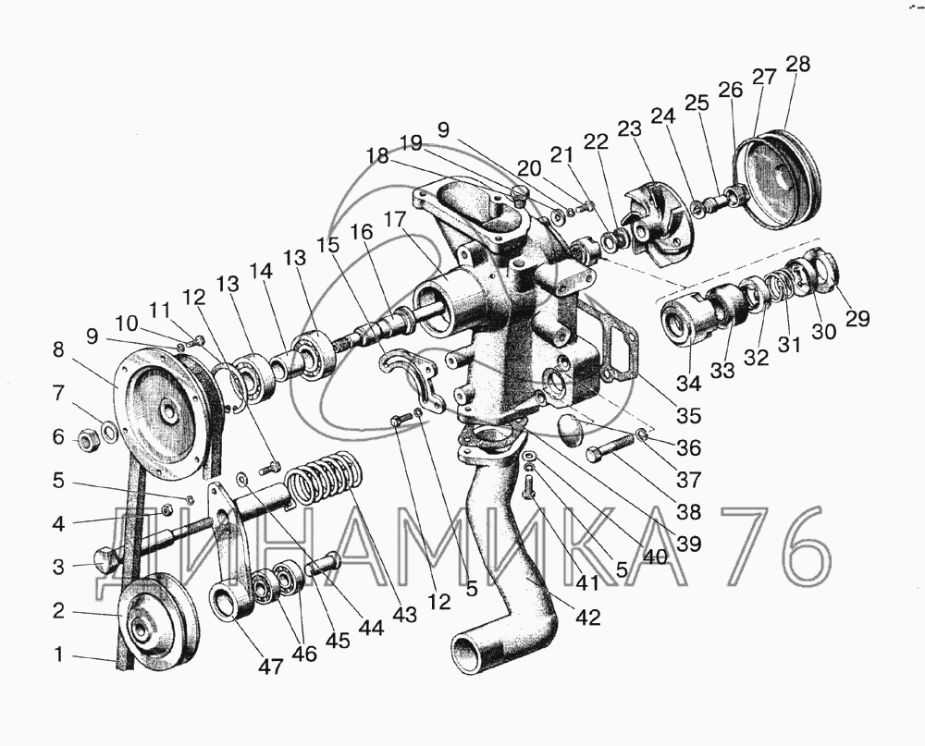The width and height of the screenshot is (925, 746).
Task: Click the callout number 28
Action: tap(797, 65)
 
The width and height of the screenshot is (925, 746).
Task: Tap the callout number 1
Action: tap(59, 655)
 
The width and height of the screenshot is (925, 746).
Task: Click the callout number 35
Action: tap(688, 415)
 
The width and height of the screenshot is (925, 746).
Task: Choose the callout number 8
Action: tap(58, 350)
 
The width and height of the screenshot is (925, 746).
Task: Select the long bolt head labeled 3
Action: tap(105, 558)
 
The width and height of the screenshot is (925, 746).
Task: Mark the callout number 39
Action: tap(689, 543)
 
